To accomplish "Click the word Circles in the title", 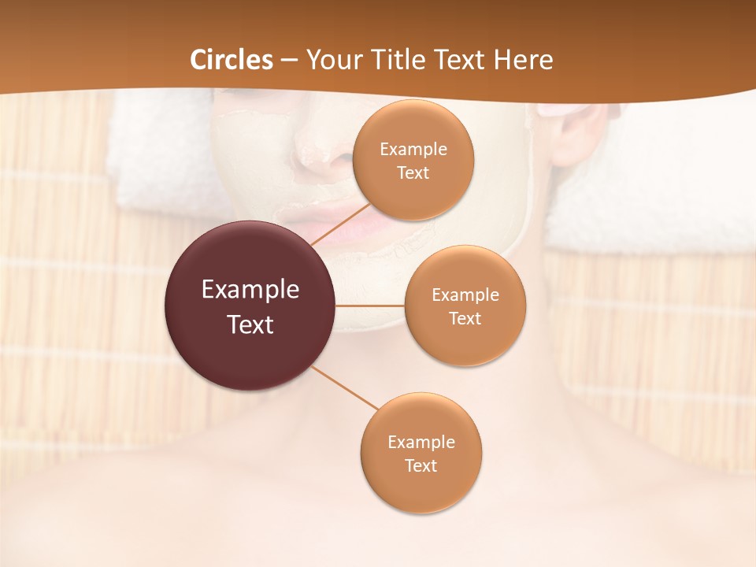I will pyautogui.click(x=232, y=60).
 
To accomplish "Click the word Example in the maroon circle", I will pyautogui.click(x=250, y=290).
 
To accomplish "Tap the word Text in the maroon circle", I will pyautogui.click(x=250, y=324).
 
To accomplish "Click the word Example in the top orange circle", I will pyautogui.click(x=413, y=150).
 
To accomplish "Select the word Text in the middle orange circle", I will pyautogui.click(x=465, y=319).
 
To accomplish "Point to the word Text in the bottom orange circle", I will pyautogui.click(x=421, y=466).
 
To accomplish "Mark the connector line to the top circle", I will pyautogui.click(x=340, y=224).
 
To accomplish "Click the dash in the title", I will pyautogui.click(x=289, y=60).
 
